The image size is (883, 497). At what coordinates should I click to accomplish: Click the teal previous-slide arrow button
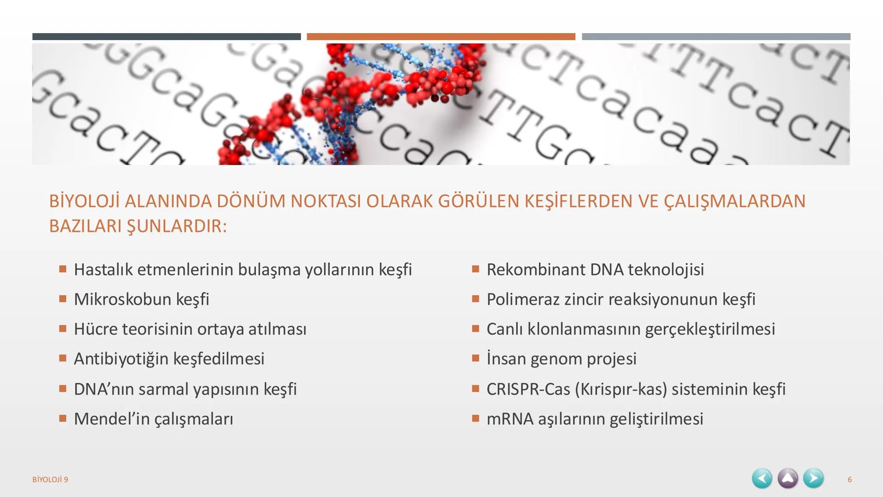762,479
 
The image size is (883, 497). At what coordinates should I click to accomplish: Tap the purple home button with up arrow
788,479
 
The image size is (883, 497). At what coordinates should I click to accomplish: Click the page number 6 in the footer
849,480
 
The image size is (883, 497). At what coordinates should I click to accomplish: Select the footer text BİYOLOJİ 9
50,480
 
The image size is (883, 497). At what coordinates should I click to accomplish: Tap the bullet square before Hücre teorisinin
63,329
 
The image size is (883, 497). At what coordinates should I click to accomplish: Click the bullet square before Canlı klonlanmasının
476,329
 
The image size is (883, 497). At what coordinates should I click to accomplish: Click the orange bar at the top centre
441,36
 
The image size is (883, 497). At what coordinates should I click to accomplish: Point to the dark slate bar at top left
166,36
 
